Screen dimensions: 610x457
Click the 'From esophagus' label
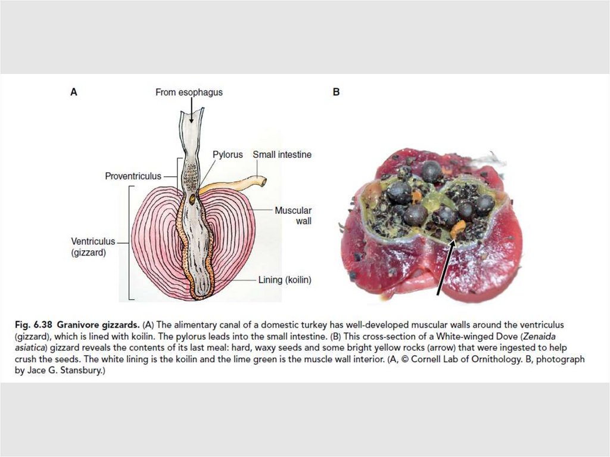tap(189, 92)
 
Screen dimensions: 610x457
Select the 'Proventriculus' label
tap(133, 176)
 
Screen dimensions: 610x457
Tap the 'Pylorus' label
tap(228, 154)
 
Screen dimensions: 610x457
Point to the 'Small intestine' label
tap(282, 154)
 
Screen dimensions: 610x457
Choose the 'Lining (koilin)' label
tap(285, 279)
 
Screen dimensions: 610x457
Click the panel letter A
tap(74, 92)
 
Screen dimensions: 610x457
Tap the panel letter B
tap(336, 92)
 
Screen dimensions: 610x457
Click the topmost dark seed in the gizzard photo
tap(431, 171)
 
